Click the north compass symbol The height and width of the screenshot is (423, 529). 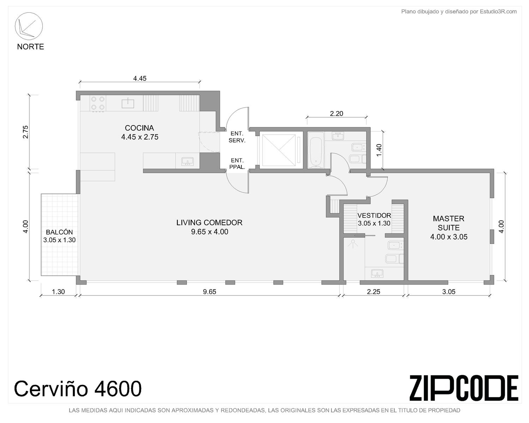[29, 26]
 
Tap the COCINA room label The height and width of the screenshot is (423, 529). [139, 128]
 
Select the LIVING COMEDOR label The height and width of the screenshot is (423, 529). [209, 222]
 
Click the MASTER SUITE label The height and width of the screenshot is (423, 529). [448, 223]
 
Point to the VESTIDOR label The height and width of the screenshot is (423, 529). [374, 216]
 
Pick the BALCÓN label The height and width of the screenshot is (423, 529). [59, 232]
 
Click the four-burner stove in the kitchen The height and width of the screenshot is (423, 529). [98, 103]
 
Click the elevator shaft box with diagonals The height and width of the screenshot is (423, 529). [279, 150]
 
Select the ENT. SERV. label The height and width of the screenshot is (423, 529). [237, 137]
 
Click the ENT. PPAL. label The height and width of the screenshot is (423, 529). [237, 164]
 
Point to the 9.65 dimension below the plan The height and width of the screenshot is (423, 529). [209, 292]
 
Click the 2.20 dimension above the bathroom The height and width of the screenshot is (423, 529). [336, 114]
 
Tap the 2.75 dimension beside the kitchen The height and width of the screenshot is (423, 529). [25, 132]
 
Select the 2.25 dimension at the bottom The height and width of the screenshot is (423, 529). [373, 292]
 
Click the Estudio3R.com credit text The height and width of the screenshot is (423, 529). [459, 12]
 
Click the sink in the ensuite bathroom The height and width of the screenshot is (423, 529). [377, 273]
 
